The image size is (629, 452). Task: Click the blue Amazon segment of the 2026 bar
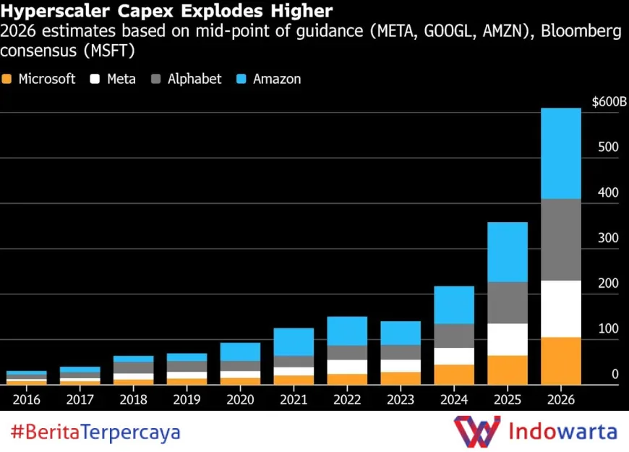click(561, 153)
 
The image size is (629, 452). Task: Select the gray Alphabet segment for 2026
click(561, 239)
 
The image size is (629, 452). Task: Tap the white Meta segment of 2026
click(561, 309)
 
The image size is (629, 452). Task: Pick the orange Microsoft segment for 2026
click(561, 360)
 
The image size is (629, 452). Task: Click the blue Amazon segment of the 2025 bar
click(507, 252)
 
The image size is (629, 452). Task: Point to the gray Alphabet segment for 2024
click(453, 336)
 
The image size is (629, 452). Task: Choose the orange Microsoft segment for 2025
click(507, 370)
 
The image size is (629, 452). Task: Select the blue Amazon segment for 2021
click(294, 341)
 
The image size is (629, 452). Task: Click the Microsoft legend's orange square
click(7, 80)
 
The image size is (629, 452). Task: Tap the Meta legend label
click(121, 80)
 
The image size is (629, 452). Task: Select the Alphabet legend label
click(194, 80)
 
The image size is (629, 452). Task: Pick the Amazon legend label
click(277, 80)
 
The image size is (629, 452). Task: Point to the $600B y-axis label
click(609, 102)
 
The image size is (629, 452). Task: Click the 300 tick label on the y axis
click(609, 238)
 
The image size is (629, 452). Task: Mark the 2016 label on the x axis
click(27, 399)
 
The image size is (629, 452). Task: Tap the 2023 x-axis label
click(400, 399)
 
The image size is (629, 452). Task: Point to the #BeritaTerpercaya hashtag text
click(95, 432)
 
